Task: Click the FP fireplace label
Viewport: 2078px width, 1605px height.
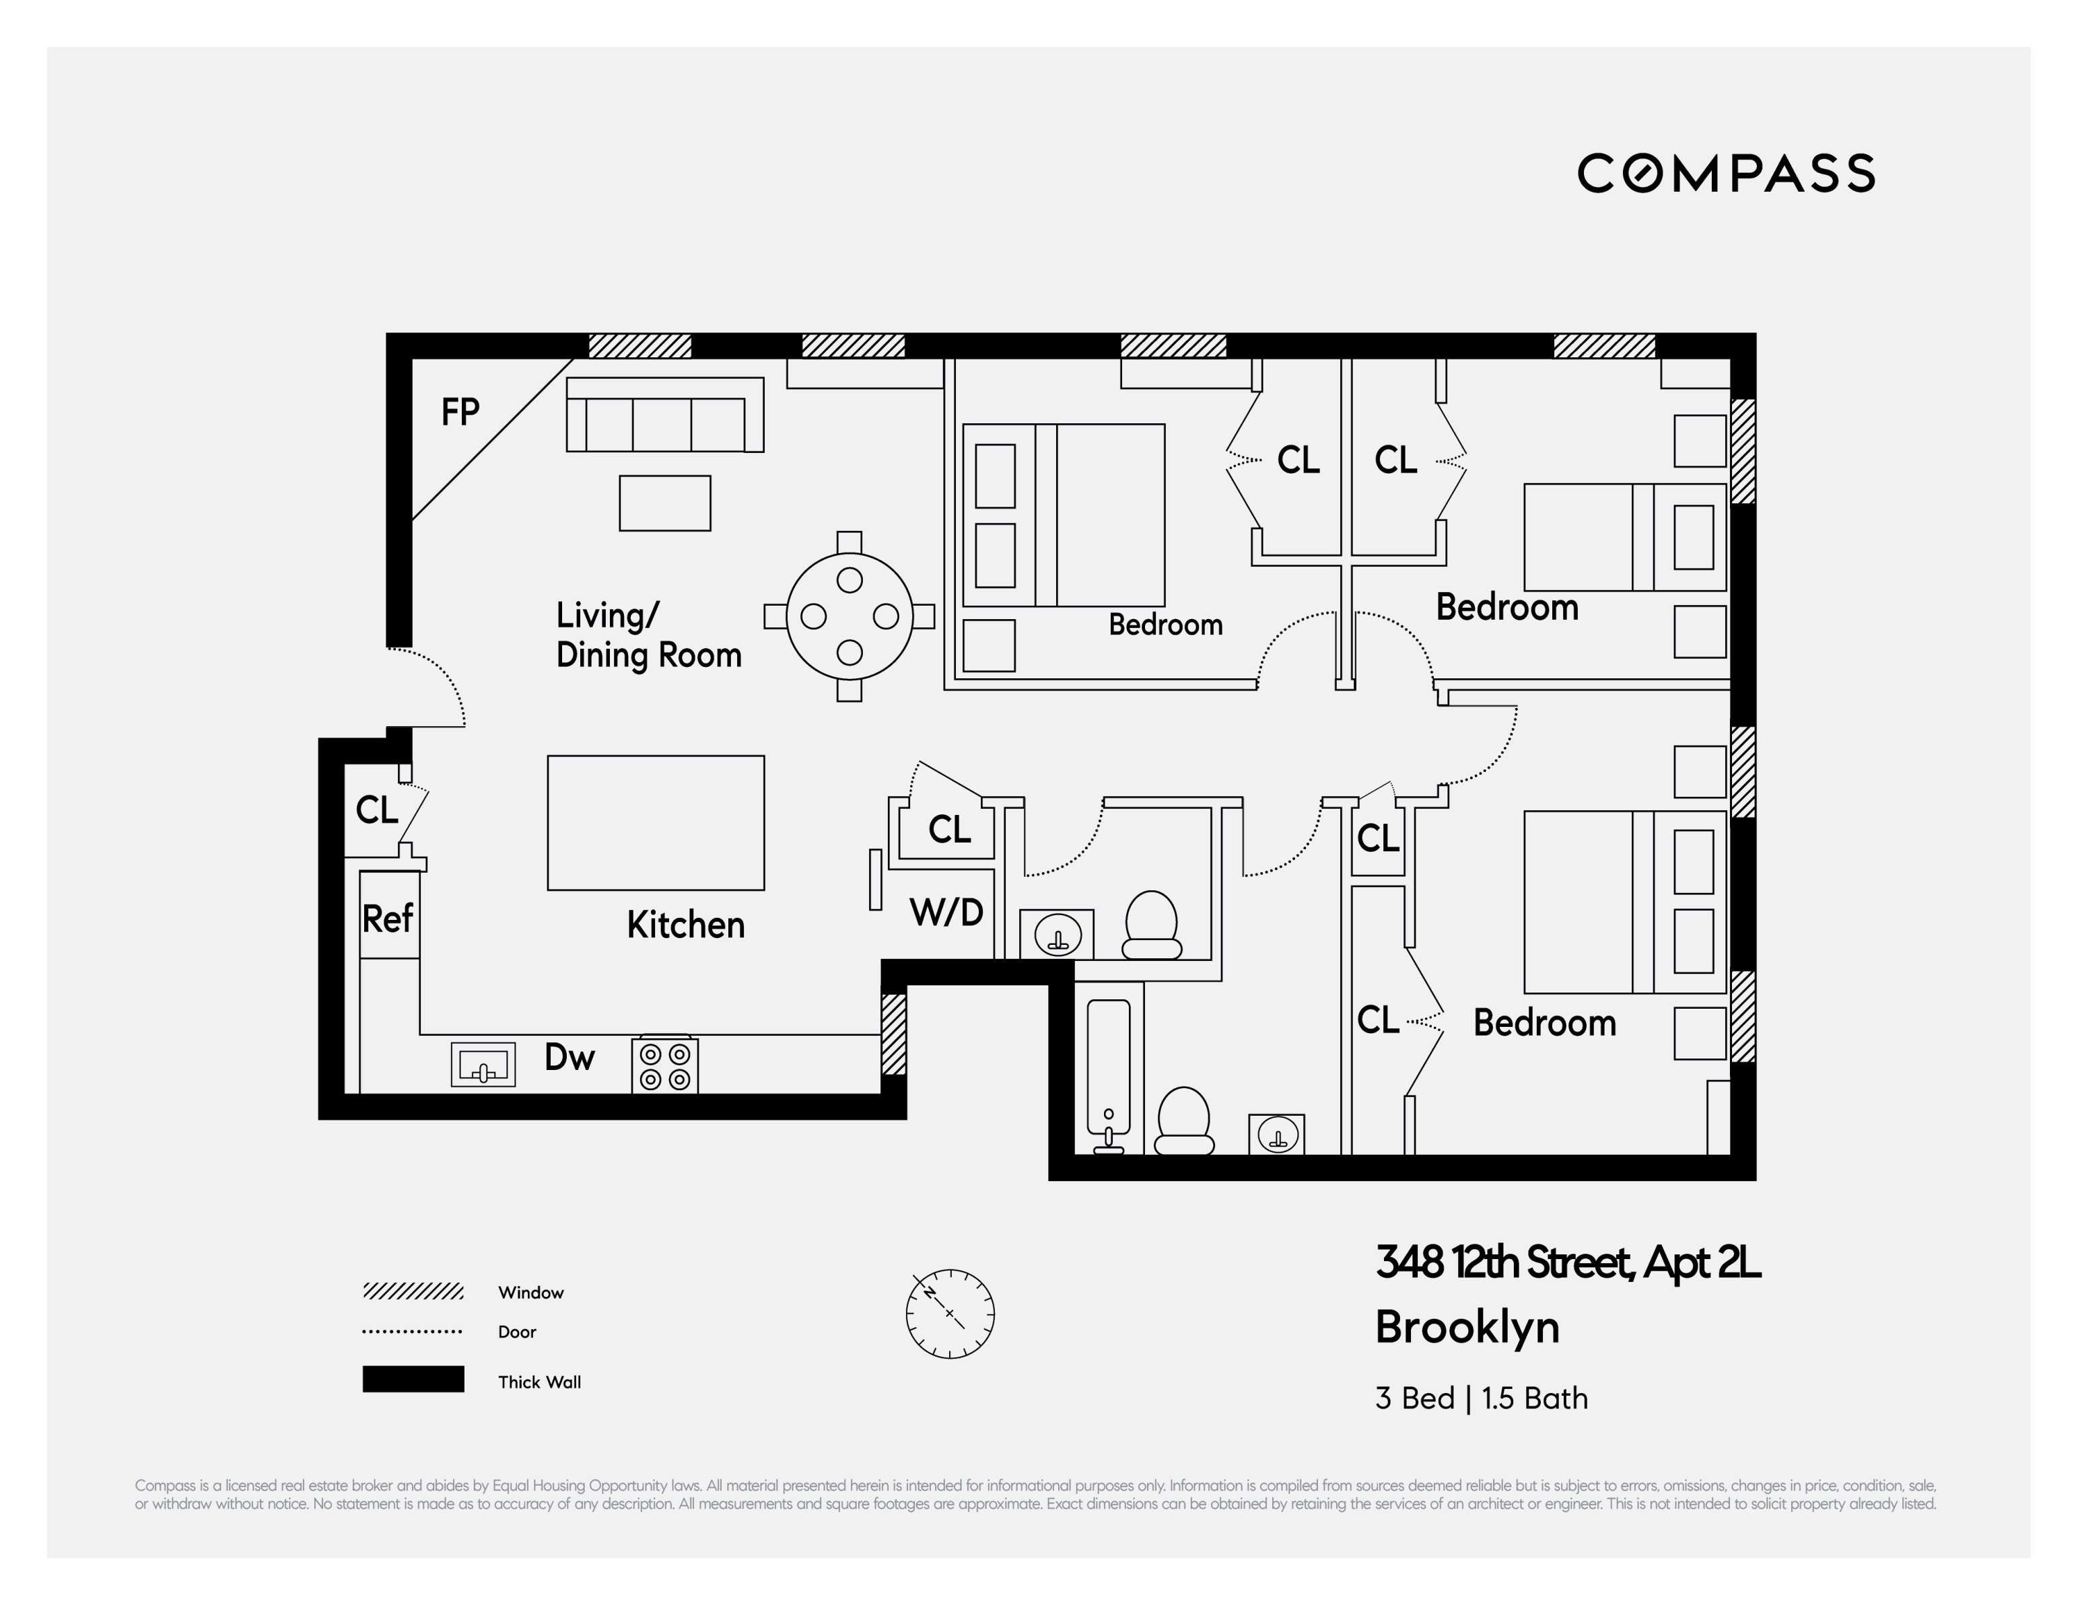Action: [460, 412]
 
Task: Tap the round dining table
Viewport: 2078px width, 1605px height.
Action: [849, 616]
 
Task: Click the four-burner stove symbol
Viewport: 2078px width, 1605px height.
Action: [665, 1065]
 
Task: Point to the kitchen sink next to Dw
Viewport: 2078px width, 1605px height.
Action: [483, 1065]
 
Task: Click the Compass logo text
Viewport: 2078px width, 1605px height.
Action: [1726, 173]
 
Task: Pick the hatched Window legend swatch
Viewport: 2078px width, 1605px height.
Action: [413, 1291]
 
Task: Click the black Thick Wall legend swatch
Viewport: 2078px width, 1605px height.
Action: [413, 1380]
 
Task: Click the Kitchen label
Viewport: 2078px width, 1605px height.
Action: [685, 925]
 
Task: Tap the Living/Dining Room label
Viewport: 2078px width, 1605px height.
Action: [648, 635]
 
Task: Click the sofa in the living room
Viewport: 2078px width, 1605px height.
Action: [664, 416]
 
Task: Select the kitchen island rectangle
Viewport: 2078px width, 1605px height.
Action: [656, 823]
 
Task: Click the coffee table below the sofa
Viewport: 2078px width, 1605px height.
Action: [664, 502]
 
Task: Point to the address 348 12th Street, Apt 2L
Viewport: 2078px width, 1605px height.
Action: [1567, 1263]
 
